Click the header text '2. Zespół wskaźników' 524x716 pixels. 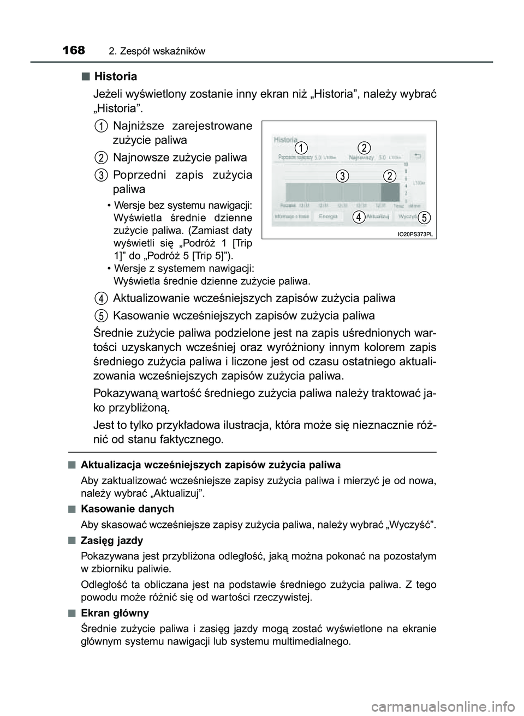(x=157, y=51)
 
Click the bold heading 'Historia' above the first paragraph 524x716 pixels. (x=115, y=76)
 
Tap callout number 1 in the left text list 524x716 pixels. (x=101, y=125)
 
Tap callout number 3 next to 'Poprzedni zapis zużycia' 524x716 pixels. (x=101, y=175)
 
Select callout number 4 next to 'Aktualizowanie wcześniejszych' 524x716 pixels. (x=101, y=298)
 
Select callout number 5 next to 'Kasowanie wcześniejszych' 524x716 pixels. (x=101, y=315)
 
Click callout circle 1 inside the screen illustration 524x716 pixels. (x=301, y=148)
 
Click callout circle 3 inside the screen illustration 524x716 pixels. (x=342, y=176)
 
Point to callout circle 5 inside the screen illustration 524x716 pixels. (x=426, y=216)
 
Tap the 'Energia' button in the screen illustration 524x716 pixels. (x=327, y=216)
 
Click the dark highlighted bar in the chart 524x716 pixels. (x=390, y=192)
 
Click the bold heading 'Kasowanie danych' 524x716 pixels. (x=127, y=508)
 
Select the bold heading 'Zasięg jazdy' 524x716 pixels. (x=111, y=540)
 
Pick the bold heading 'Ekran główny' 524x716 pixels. (x=114, y=613)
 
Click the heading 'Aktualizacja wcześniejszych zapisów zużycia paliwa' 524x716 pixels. (x=210, y=465)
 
